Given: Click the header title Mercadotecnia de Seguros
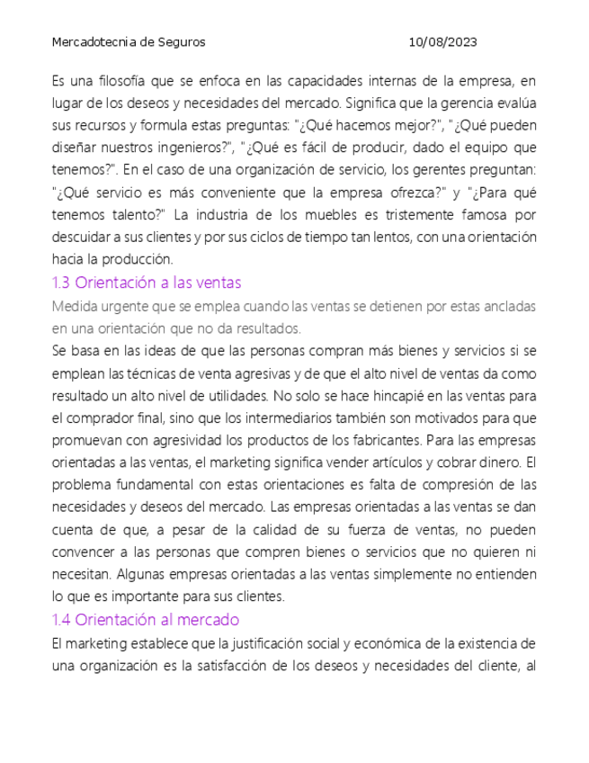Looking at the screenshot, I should pos(129,42).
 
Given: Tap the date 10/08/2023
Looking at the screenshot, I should pos(442,42).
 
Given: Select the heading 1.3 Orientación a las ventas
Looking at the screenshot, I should pos(147,283).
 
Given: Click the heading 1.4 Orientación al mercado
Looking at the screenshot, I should pos(146,620).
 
